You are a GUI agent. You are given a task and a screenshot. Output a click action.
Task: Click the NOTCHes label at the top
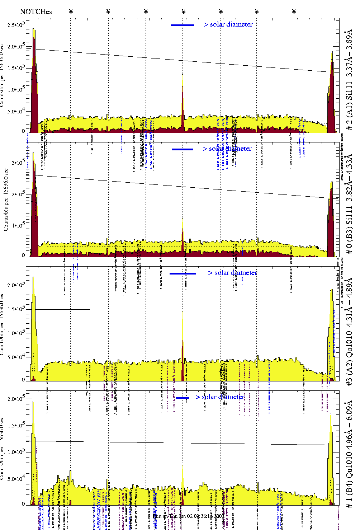[x=36, y=11]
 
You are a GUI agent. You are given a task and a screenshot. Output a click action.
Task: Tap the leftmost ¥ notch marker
[x=71, y=11]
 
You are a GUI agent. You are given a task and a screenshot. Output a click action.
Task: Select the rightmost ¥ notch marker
[x=294, y=11]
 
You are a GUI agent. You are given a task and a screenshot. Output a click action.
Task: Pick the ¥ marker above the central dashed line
[x=184, y=11]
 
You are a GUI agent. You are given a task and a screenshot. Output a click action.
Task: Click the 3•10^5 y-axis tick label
[x=18, y=163]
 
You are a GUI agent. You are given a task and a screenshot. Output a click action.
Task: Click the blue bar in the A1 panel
[x=183, y=25]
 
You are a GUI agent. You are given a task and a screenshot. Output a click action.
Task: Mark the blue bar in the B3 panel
[x=183, y=149]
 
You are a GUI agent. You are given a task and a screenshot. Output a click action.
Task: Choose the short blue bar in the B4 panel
[x=183, y=398]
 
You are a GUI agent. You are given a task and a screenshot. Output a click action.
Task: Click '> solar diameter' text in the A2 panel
[x=232, y=273]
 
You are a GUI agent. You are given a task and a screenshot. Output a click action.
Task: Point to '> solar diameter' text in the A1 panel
[x=228, y=24]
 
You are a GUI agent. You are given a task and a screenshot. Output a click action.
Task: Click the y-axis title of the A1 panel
[x=3, y=75]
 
